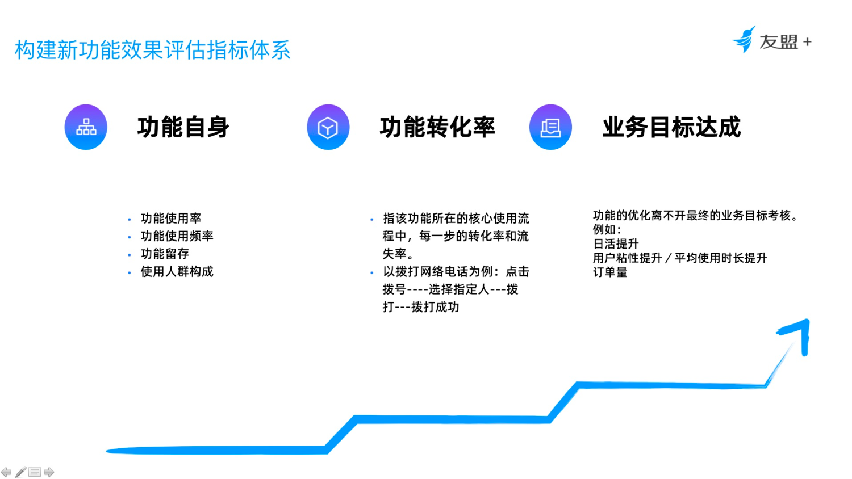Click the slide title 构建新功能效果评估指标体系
coord(152,50)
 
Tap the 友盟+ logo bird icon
coord(745,39)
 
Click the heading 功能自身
coord(183,127)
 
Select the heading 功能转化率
coord(437,127)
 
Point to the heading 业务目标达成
coord(671,127)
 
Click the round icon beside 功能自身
coord(86,127)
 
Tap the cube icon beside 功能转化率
coord(328,127)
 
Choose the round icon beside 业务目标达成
coord(550,127)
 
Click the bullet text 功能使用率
coord(171,219)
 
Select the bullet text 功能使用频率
coord(177,236)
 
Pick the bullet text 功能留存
coord(165,254)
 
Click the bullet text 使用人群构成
coord(177,272)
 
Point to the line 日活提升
coord(616,244)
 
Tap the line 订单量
coord(610,272)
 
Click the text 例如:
coord(607,230)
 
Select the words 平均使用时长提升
coord(721,258)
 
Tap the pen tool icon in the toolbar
coord(20,472)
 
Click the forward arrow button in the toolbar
coord(49,472)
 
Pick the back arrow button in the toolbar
coord(6,472)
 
